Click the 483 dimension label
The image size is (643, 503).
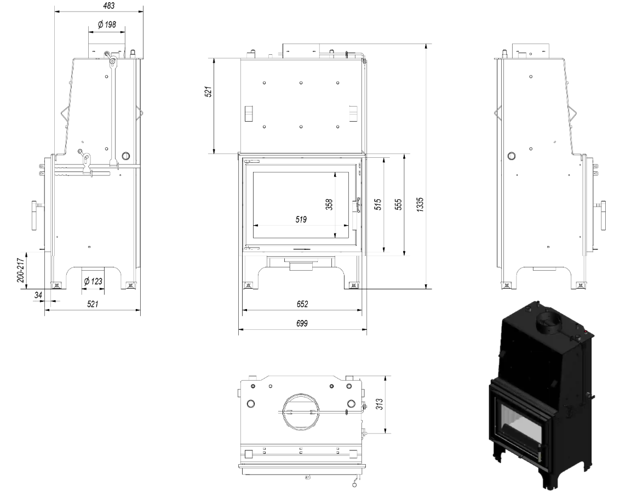pyautogui.click(x=109, y=5)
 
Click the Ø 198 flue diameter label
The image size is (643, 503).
pyautogui.click(x=107, y=25)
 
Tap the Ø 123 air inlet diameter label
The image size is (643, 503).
pyautogui.click(x=93, y=282)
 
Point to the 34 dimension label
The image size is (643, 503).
pyautogui.click(x=38, y=295)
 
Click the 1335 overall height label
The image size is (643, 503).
pyautogui.click(x=420, y=204)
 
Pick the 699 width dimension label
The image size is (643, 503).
pyautogui.click(x=302, y=323)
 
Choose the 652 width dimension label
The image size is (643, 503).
pyautogui.click(x=302, y=304)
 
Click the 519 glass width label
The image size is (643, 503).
pyautogui.click(x=301, y=220)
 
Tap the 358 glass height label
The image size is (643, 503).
pyautogui.click(x=329, y=204)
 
